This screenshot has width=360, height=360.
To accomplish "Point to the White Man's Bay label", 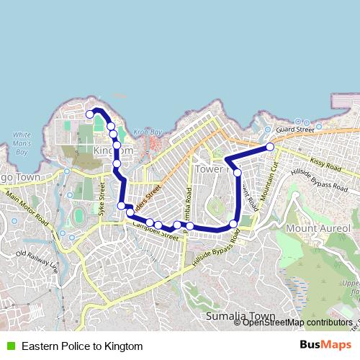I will (x=22, y=143).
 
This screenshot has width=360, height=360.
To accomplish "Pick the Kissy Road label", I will (x=325, y=165).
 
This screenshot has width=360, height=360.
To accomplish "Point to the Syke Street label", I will (x=102, y=194).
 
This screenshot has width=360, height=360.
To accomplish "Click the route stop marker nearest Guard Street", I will (x=270, y=147).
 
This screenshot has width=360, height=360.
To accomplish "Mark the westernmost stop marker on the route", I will (x=90, y=114).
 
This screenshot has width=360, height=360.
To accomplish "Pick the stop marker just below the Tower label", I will (x=238, y=173).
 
